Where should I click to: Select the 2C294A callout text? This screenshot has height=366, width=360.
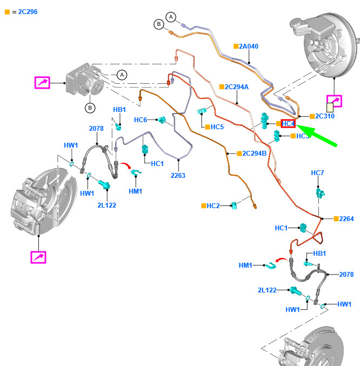click(x=237, y=86)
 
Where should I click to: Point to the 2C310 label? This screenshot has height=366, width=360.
click(x=325, y=116)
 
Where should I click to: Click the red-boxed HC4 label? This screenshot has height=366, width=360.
click(x=289, y=124)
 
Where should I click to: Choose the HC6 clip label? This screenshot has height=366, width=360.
click(x=140, y=119)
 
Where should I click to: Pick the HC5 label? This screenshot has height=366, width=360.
click(x=217, y=127)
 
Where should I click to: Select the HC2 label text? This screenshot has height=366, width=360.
click(x=213, y=206)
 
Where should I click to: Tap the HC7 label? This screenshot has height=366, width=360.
click(x=317, y=173)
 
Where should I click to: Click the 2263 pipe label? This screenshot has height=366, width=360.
click(x=178, y=175)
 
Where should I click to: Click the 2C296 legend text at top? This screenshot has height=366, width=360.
click(x=24, y=11)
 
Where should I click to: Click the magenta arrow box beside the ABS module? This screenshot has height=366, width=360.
click(x=42, y=83)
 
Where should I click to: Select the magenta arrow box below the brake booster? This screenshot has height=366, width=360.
click(x=335, y=101)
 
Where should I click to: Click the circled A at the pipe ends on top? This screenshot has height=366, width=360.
click(x=171, y=17)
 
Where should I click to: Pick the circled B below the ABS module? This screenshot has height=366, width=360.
click(x=90, y=108)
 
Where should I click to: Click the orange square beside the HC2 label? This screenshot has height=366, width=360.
click(x=203, y=206)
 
